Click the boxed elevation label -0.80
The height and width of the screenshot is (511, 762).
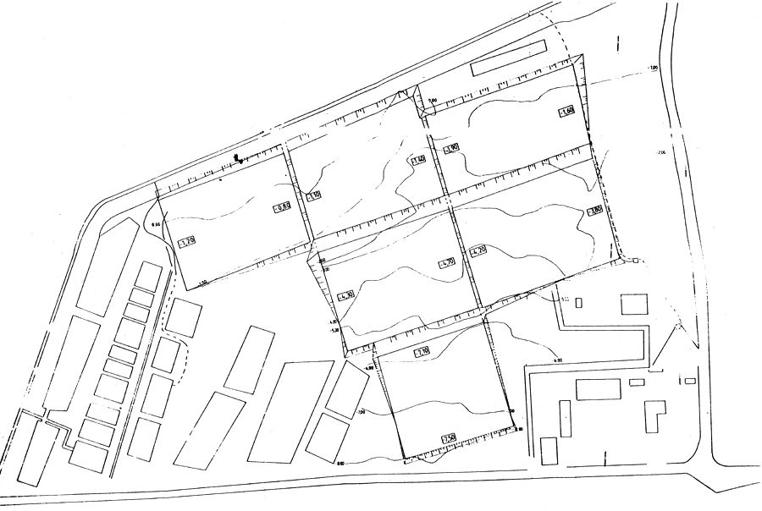282,207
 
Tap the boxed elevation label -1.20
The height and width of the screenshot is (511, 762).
188,243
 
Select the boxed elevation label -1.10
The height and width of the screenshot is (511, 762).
313,195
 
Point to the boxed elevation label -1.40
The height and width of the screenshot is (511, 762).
417,160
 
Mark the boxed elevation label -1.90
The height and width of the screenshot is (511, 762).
450,148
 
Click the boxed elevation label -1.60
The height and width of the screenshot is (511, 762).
566,112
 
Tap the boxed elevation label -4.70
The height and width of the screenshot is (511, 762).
446,263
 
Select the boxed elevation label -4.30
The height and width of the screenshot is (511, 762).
345,296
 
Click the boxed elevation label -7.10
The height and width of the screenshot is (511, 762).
422,351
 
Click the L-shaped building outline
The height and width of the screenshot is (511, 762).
654,415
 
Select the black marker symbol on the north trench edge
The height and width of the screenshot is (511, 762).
240,157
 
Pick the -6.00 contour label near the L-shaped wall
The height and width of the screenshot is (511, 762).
558,360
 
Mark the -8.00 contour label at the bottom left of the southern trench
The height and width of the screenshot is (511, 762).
341,463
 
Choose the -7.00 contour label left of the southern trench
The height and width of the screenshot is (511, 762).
362,412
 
